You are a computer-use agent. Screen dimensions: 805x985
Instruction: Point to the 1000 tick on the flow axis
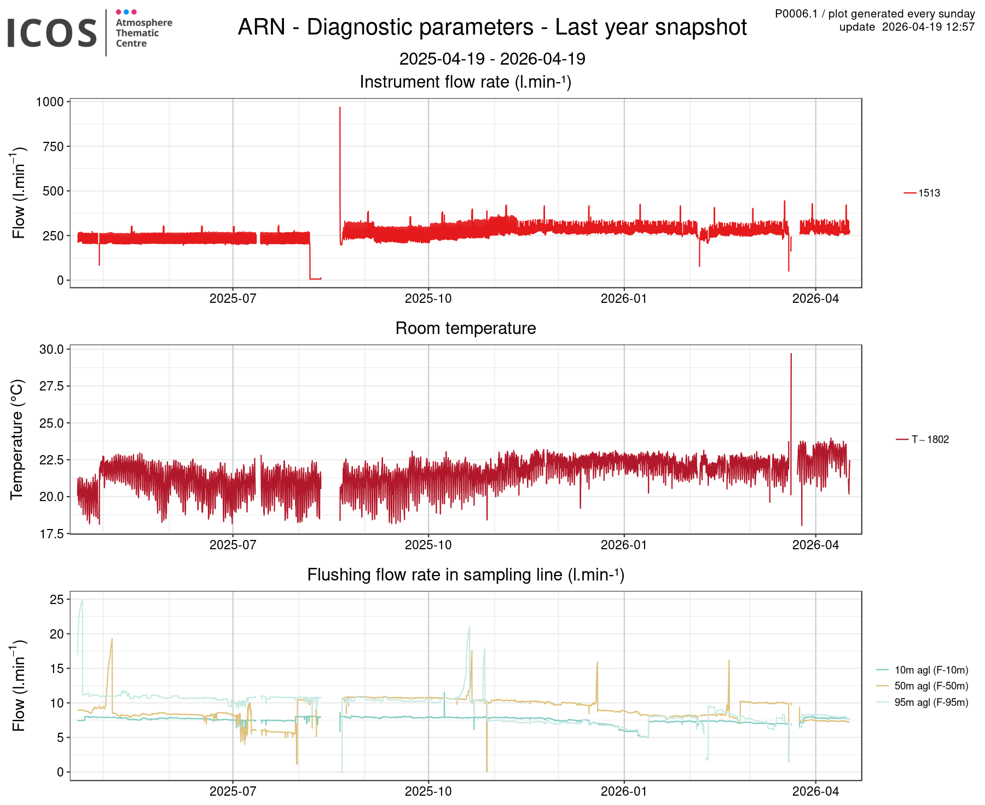click(x=50, y=102)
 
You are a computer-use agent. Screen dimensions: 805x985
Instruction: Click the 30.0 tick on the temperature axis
click(x=51, y=349)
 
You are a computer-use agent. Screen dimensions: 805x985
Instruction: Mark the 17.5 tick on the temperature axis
click(x=51, y=533)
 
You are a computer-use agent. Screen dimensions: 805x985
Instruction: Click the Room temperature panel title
click(x=466, y=328)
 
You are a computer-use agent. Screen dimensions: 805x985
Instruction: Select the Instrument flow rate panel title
click(x=466, y=82)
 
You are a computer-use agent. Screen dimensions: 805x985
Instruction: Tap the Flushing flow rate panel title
click(x=466, y=574)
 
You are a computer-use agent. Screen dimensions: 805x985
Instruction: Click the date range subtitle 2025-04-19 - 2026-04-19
click(x=492, y=59)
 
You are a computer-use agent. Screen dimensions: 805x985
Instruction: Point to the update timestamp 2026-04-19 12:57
click(x=907, y=27)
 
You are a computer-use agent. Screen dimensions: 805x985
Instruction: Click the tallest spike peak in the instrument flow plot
click(x=340, y=108)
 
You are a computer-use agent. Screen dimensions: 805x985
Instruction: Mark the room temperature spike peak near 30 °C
click(x=791, y=354)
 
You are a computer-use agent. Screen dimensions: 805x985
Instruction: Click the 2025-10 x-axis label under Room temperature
click(x=428, y=545)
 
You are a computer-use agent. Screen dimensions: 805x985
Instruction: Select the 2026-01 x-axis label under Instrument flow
click(x=624, y=298)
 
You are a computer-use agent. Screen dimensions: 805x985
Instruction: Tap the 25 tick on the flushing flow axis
click(x=57, y=600)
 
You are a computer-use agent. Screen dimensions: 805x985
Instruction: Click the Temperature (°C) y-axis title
click(x=17, y=439)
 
